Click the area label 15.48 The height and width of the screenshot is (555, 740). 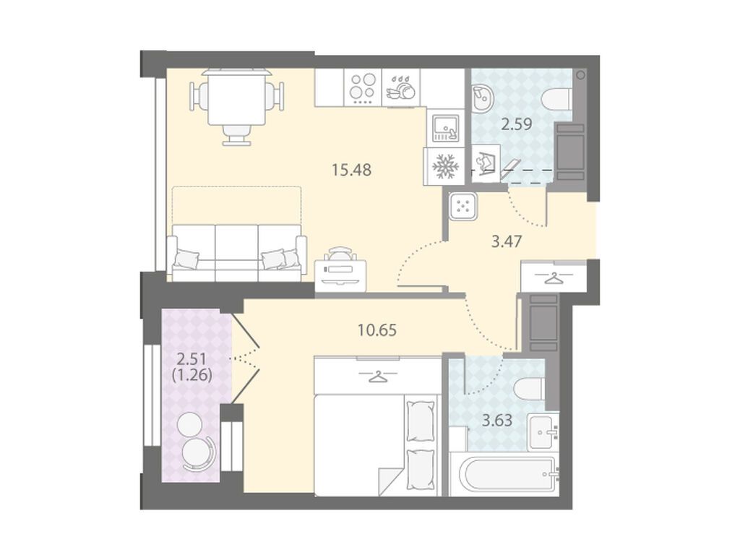(x=351, y=169)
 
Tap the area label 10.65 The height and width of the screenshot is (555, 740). (x=377, y=330)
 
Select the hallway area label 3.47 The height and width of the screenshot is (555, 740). (x=506, y=241)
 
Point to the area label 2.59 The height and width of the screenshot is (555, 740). (x=516, y=124)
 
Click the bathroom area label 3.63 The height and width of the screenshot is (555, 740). (x=497, y=420)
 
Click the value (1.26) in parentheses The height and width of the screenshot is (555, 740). (x=192, y=375)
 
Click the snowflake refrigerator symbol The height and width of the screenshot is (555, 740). (x=443, y=166)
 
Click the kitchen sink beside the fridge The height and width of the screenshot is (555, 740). (x=445, y=127)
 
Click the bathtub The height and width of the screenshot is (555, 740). (x=504, y=475)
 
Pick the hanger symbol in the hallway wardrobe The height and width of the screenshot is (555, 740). (x=552, y=278)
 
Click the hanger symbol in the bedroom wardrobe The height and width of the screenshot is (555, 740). (x=377, y=376)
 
